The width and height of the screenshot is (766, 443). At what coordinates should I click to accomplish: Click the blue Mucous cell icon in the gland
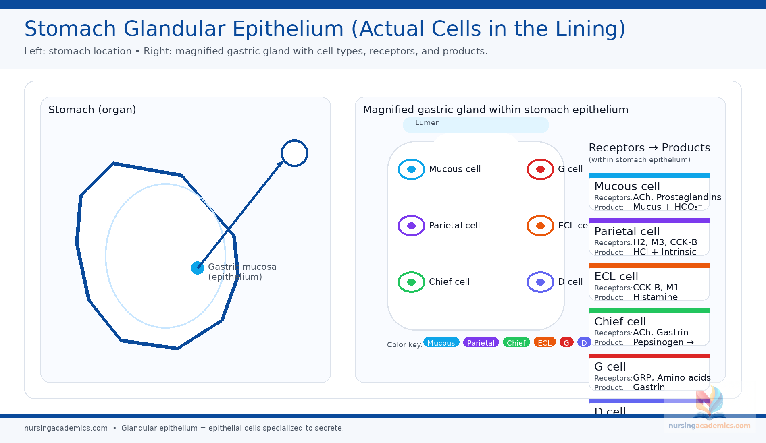411,169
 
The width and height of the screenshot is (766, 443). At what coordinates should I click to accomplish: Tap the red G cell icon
540,169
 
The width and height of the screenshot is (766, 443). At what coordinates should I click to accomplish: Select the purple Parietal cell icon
411,226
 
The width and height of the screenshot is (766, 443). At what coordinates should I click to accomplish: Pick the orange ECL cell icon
540,226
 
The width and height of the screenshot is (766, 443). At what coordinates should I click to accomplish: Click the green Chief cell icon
411,282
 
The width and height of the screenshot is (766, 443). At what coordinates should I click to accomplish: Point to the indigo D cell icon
540,282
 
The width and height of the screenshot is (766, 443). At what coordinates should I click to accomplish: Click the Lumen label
427,123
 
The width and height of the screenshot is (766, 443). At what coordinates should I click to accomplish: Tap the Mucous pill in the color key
441,343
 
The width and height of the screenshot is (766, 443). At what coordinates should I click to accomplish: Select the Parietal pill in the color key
481,343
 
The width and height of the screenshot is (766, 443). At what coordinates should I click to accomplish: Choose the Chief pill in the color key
516,343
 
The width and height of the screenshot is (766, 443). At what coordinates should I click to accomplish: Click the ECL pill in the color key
545,343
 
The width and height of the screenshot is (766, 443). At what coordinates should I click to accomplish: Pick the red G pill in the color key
566,343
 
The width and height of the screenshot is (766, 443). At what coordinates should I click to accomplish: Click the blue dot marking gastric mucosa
198,268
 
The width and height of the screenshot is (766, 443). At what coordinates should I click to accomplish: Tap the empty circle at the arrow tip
294,153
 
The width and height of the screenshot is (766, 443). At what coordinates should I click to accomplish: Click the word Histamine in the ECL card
655,297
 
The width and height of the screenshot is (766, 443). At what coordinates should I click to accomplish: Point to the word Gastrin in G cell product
649,387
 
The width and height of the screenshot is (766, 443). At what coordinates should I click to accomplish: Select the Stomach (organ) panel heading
92,110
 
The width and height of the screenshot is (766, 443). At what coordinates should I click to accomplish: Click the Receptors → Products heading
649,147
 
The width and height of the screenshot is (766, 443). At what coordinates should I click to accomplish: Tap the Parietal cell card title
627,231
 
